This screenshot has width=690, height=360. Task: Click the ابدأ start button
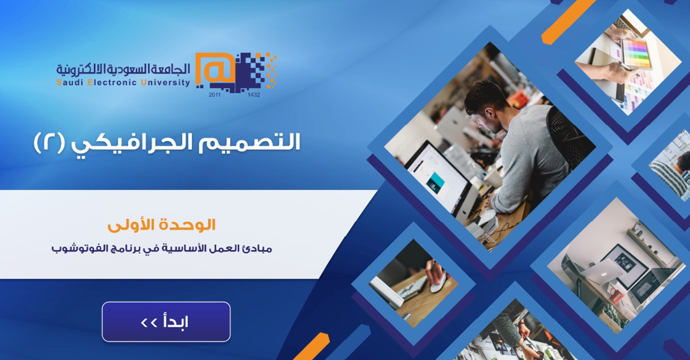pos(166,322)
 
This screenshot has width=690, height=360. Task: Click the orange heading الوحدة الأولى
pos(162,225)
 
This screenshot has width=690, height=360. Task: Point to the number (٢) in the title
pos(49,143)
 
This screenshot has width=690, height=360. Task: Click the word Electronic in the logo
pos(112,82)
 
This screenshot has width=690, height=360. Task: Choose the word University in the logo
pos(166,82)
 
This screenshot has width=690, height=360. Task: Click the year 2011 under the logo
pos(215,95)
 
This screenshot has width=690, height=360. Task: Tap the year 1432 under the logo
pos(254,95)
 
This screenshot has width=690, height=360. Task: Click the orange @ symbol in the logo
pos(214,70)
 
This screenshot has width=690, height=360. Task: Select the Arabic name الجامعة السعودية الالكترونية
pos(123,69)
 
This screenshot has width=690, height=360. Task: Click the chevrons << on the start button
pos(149,323)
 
